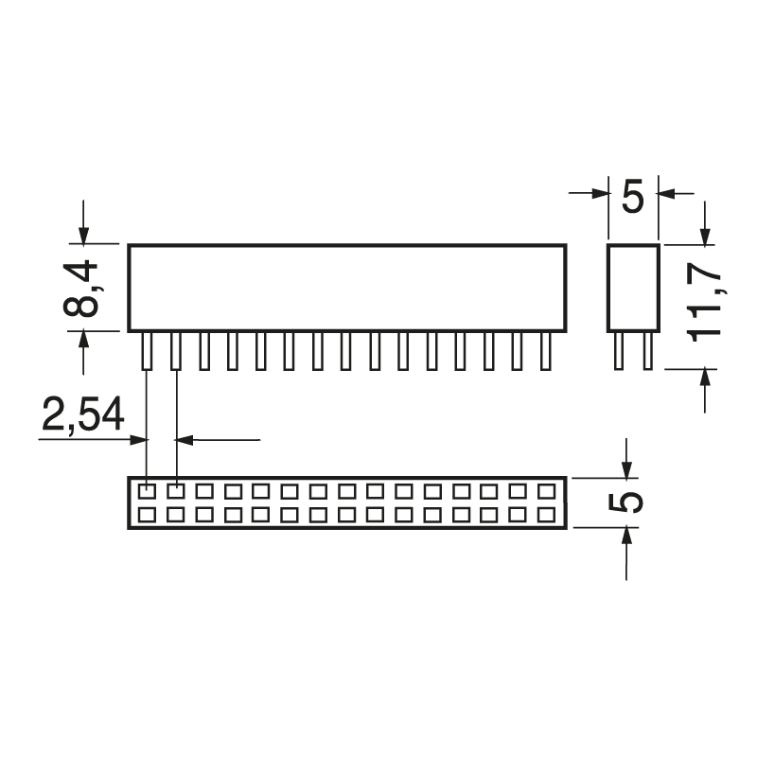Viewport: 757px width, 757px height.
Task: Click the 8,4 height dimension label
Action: point(84,289)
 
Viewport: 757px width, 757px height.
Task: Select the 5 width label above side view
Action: point(632,198)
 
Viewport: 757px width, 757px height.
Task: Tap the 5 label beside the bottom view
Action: point(627,502)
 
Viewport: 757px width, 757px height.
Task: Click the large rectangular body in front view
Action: point(346,288)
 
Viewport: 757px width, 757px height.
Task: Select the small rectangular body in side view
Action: point(632,288)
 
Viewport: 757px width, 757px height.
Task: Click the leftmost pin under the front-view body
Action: point(147,351)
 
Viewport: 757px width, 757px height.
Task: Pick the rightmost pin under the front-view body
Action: point(545,351)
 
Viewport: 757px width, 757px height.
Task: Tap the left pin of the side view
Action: point(619,351)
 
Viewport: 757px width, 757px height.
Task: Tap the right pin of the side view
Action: point(647,351)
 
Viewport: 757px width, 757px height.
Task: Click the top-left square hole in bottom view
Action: point(147,491)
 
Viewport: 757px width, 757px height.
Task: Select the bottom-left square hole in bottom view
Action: point(147,515)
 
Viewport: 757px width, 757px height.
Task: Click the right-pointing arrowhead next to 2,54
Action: point(140,439)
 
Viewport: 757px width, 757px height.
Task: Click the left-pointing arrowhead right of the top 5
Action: point(665,194)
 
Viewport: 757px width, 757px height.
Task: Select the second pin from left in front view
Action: point(175,351)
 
